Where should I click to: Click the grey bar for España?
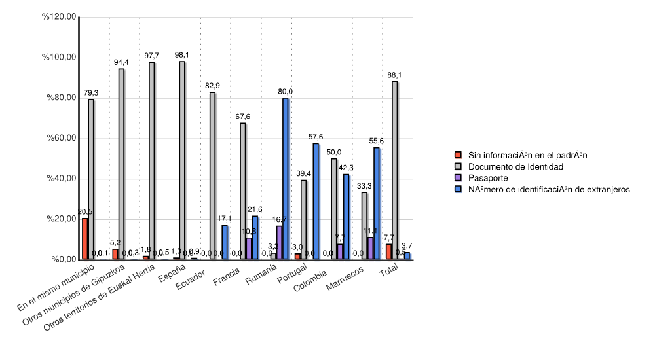click(x=182, y=160)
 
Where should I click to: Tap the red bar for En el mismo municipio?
click(x=85, y=239)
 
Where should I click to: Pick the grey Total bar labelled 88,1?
click(x=395, y=170)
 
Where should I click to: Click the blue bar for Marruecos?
click(x=377, y=204)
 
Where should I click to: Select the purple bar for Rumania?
click(x=280, y=242)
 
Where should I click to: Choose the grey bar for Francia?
click(x=243, y=191)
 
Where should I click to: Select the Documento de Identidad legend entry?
click(x=515, y=167)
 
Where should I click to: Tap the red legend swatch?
click(x=458, y=156)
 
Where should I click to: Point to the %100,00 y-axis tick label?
click(x=59, y=58)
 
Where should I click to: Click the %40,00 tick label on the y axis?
click(x=59, y=179)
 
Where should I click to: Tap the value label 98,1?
click(x=181, y=55)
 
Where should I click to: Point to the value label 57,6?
click(x=316, y=137)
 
